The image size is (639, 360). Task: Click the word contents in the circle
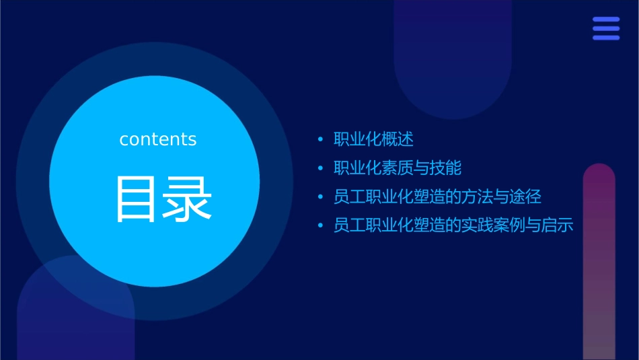tap(158, 139)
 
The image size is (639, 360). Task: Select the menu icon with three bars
tap(606, 28)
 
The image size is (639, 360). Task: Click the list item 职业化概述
tap(373, 139)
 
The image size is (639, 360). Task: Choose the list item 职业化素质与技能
tap(398, 168)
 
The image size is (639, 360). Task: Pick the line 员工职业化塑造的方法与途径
tap(437, 197)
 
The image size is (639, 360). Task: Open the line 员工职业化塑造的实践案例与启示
tap(453, 225)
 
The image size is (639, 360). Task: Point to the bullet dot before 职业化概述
tap(320, 140)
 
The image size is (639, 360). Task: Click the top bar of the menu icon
tap(606, 20)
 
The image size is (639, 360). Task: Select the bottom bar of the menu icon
tap(606, 38)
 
